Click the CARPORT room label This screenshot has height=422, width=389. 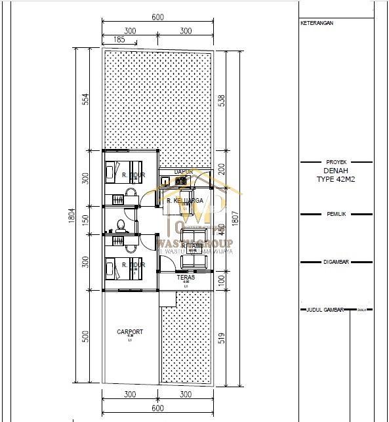(x=130, y=332)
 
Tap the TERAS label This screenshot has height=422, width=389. (x=186, y=278)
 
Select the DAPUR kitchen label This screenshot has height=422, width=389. (x=184, y=172)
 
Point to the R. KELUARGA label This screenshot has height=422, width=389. (x=184, y=201)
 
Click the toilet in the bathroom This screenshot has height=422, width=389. (x=119, y=225)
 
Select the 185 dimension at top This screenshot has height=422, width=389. (x=119, y=40)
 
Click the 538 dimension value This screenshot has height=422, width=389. (x=222, y=100)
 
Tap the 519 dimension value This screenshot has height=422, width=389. (x=222, y=337)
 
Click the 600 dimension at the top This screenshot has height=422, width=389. (x=157, y=18)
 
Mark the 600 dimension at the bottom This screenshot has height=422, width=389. (x=157, y=408)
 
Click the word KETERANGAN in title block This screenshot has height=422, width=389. (x=317, y=23)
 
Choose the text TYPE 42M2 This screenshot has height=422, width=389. (x=335, y=178)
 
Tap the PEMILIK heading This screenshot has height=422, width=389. (x=335, y=214)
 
